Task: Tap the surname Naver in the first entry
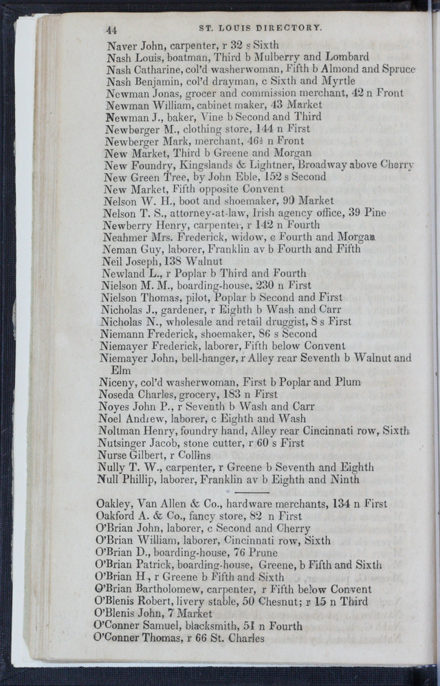pyautogui.click(x=122, y=45)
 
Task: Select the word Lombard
pyautogui.click(x=345, y=57)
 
